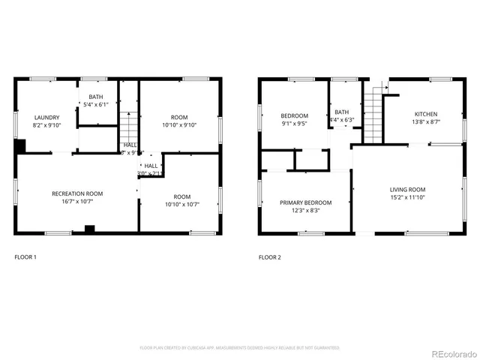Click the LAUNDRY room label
(x=46, y=118)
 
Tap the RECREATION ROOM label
(x=77, y=193)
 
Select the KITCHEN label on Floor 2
(x=426, y=114)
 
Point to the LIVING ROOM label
(x=407, y=190)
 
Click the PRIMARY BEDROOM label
(x=305, y=202)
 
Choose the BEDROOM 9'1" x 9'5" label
(x=294, y=116)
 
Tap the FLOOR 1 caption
(x=25, y=257)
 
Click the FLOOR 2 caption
(x=270, y=257)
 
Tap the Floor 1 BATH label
(x=97, y=97)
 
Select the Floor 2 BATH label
(x=342, y=112)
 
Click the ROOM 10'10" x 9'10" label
(x=179, y=117)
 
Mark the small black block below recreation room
(x=89, y=229)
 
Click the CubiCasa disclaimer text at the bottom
(x=240, y=348)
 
